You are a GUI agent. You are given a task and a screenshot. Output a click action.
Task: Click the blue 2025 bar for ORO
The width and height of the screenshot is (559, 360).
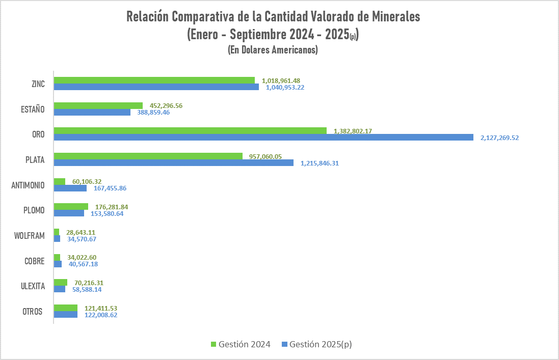pos(264,137)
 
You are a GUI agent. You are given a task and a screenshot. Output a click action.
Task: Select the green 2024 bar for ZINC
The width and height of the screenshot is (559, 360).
pos(154,80)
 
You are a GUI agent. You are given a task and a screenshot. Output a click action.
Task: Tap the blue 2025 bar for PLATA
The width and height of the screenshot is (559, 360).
pos(174,163)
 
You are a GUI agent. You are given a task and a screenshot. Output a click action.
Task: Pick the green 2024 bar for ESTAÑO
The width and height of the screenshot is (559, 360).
pos(98,105)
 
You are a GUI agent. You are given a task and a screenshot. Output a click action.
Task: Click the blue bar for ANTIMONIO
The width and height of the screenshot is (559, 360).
pos(70,188)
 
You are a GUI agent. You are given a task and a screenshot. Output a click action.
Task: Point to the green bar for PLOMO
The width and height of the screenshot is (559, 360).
pos(71,207)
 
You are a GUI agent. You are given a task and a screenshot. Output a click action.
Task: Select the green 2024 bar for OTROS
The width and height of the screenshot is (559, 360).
pos(66,308)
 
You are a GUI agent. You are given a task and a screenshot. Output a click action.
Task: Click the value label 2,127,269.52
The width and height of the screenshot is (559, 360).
pos(499,137)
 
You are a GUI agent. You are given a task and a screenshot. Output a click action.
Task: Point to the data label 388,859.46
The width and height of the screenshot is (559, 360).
pos(153,112)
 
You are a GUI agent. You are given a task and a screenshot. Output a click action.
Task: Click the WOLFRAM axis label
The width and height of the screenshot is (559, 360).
pos(30,236)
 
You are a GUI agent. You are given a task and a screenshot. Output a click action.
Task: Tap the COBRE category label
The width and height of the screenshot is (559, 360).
pos(35,261)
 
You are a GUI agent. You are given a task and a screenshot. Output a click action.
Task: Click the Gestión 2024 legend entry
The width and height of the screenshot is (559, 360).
pos(240,344)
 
